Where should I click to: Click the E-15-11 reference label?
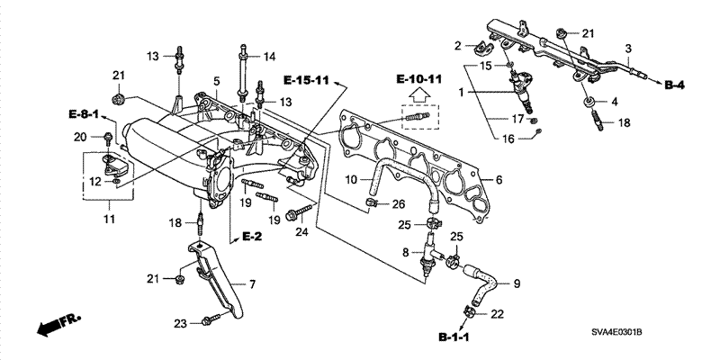coord(306,81)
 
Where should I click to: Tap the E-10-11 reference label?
coord(419,79)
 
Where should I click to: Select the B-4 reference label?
coord(673,85)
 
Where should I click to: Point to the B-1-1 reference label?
coord(454,338)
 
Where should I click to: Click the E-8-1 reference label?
coord(84,114)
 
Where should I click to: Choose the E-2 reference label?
coord(251,237)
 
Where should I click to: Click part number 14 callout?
coord(269,57)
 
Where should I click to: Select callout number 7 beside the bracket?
coord(252,284)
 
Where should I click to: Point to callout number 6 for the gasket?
coord(499,179)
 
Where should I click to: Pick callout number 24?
coord(301,232)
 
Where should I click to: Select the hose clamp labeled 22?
coord(468,311)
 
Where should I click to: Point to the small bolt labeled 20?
coord(108,139)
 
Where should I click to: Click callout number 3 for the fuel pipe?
coord(628,48)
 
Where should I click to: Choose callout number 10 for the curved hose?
coord(351,179)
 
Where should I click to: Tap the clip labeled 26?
coord(371,202)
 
